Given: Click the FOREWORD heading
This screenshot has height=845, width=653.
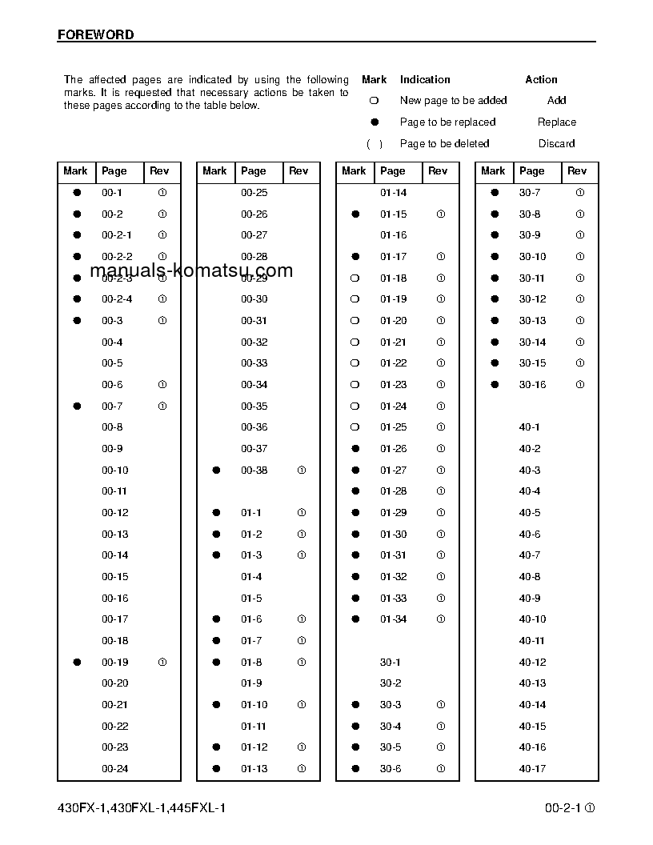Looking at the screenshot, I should (96, 35).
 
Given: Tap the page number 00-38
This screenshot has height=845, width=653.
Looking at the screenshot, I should (254, 471).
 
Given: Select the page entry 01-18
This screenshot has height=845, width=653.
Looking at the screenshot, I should (393, 278).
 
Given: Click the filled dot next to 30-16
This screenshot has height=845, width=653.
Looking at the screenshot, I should (495, 385).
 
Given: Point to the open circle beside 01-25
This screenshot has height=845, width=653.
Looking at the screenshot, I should (355, 427).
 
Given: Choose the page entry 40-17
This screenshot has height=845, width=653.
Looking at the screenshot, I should (532, 769).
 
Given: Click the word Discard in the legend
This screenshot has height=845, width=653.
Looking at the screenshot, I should (556, 144).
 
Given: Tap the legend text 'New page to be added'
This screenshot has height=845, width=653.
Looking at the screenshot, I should (453, 101).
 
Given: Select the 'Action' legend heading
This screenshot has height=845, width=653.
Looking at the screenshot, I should (541, 80).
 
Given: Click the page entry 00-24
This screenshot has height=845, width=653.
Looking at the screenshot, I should (114, 769).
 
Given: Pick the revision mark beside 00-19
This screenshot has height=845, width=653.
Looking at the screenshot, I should (162, 663).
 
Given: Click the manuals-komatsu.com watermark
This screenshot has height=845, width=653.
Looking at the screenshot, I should (191, 271).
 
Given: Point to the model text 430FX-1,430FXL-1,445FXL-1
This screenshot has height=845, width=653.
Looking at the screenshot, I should (142, 808).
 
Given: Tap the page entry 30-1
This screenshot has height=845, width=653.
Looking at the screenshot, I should (391, 663).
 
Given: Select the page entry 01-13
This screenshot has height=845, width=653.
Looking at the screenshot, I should (254, 769).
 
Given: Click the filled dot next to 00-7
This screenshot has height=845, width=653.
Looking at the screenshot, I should (78, 406).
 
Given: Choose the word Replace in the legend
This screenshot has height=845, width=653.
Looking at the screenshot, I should (556, 122).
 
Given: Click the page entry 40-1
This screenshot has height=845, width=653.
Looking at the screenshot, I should (529, 427).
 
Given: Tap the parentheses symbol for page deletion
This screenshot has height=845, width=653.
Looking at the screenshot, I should (374, 144).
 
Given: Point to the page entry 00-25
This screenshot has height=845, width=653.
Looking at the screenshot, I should (254, 193).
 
